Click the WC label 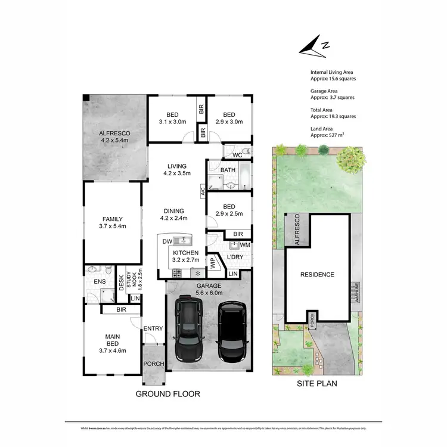coord(237,155)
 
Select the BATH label coord(228,170)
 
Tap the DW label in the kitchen coord(167,241)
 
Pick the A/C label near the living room coord(203,191)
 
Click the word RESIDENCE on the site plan coord(316,275)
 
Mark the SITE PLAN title coord(316,384)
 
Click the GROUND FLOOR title coord(168,394)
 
